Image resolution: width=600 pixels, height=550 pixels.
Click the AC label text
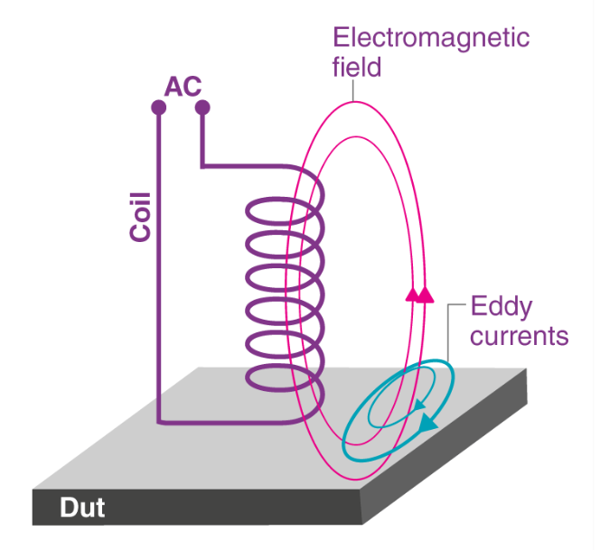[183, 88]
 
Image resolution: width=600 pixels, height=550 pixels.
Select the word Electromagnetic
[430, 38]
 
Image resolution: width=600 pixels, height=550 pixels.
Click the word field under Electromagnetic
[357, 66]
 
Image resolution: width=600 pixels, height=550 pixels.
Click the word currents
[520, 336]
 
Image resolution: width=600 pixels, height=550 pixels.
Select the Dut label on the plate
[82, 508]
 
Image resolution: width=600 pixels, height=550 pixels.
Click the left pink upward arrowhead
[412, 294]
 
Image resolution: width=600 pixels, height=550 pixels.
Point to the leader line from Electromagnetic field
[355, 89]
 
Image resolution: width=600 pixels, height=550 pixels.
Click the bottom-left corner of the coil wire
[160, 422]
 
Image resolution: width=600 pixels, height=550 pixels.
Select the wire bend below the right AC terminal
[203, 166]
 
